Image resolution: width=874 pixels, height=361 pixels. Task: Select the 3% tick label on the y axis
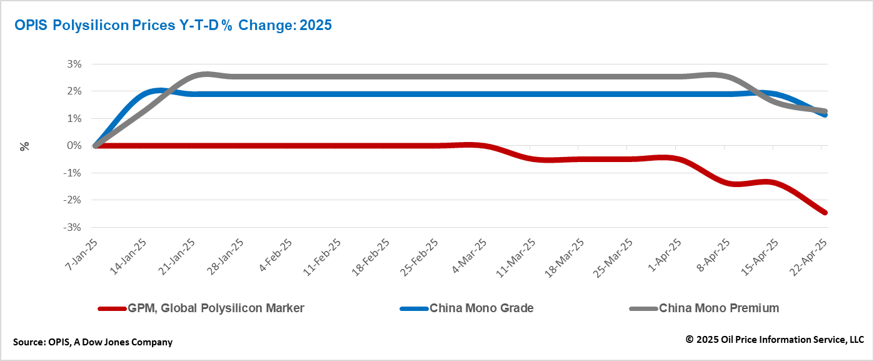[74, 64]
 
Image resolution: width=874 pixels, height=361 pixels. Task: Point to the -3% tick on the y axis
[73, 227]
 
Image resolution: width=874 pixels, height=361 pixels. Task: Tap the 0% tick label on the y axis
[74, 146]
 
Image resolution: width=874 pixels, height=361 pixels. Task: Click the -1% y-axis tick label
[73, 173]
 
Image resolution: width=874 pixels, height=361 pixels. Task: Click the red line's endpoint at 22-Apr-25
[825, 213]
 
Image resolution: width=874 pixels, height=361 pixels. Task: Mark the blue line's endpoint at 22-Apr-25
[825, 115]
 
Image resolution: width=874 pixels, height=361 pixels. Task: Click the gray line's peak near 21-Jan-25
[206, 74]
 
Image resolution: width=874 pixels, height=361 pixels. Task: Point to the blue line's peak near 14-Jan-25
[159, 91]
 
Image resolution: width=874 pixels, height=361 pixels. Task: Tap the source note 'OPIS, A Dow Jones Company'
[93, 342]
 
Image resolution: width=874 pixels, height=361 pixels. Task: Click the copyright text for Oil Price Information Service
[775, 340]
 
